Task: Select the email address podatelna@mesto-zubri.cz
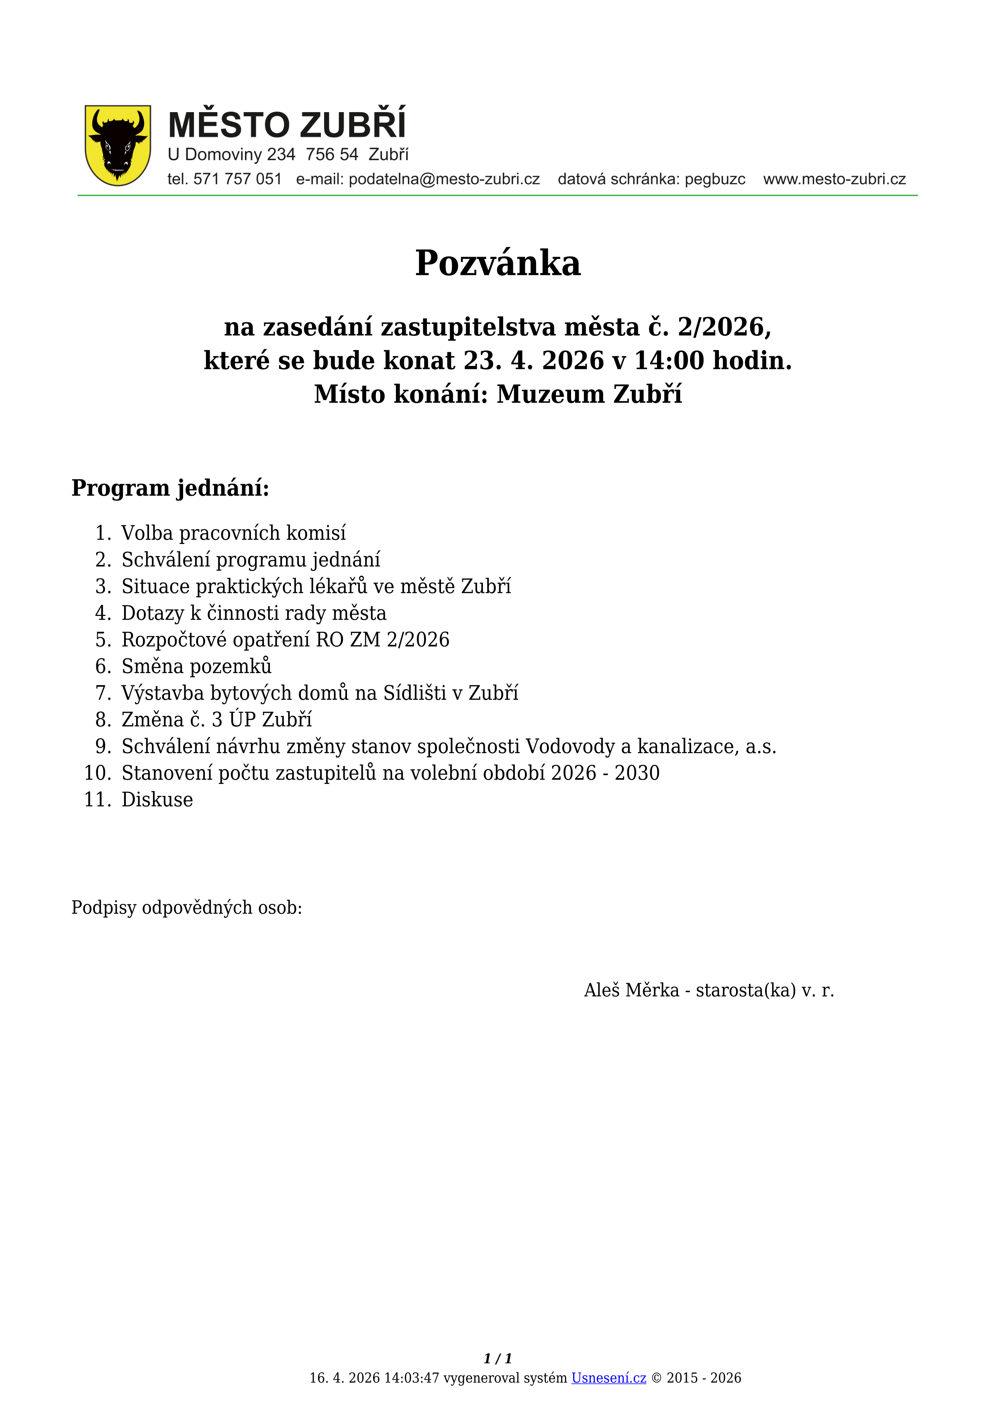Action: pos(444,179)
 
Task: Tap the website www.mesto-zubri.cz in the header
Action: pos(834,179)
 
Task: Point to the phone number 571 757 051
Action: pos(237,179)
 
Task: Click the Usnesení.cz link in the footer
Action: pos(608,1378)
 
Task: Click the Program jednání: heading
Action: pos(171,488)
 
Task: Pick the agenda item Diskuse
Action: pos(157,800)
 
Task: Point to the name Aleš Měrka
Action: pos(631,990)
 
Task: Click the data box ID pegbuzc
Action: pos(715,179)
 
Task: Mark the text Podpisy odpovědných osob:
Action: pos(186,908)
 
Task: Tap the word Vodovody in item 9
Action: pos(570,746)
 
